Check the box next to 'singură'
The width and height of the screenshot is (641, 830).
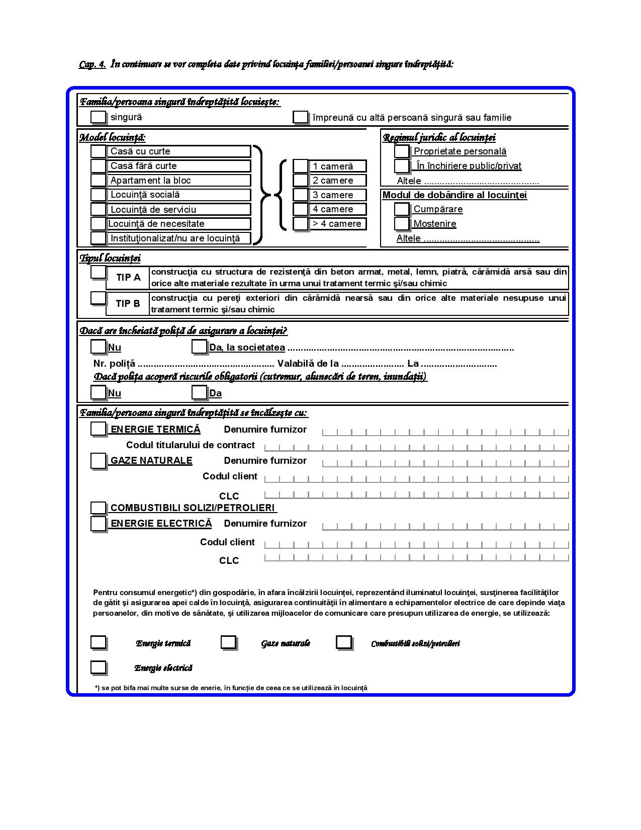(x=98, y=117)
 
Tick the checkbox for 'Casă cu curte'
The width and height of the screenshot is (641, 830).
(x=98, y=151)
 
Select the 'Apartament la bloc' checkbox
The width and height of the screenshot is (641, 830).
(x=98, y=180)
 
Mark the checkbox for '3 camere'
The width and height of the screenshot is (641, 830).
(x=300, y=195)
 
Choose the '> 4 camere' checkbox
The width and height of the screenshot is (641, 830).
(x=300, y=223)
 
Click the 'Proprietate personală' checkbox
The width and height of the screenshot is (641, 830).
(x=401, y=151)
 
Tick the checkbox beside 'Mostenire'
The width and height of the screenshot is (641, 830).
(x=401, y=223)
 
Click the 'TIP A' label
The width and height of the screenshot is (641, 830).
(x=128, y=277)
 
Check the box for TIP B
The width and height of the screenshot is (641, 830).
(x=98, y=298)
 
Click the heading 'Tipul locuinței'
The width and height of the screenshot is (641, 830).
(x=110, y=259)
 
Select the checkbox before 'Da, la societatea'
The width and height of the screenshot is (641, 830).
(x=199, y=347)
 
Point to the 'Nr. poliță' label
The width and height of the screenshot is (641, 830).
(x=114, y=364)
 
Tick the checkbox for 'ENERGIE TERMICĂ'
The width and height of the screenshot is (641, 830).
(x=98, y=429)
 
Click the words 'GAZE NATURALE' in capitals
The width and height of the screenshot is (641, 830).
(x=151, y=460)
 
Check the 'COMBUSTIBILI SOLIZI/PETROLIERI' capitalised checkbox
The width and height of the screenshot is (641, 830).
(x=98, y=508)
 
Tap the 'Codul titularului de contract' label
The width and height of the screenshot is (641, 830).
(x=190, y=445)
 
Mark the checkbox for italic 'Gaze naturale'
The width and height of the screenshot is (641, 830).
(x=228, y=642)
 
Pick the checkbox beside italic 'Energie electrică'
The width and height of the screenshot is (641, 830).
(x=98, y=667)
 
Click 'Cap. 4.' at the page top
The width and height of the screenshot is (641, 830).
(x=92, y=64)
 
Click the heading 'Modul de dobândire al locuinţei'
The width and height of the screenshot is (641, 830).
(x=454, y=195)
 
